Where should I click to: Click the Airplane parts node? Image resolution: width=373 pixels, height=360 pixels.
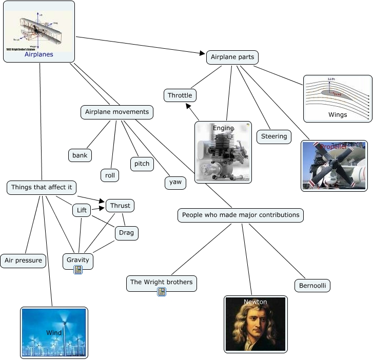coord(232,57)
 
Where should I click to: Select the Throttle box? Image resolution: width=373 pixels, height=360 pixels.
coord(180,95)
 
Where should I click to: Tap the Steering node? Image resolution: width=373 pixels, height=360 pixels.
coord(274,136)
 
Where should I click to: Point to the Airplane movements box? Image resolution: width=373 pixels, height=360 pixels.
coord(117,112)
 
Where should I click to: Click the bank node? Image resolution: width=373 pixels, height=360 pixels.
coord(80,155)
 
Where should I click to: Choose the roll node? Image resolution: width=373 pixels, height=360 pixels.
coord(110,175)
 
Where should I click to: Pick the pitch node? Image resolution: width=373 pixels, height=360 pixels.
coord(142,164)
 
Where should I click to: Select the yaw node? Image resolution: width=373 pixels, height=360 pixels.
coord(175,182)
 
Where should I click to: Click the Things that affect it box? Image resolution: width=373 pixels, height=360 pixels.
coord(42,187)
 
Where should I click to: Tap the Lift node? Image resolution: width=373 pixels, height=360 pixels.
coord(82,210)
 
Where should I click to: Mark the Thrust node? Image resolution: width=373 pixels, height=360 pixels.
coord(120,206)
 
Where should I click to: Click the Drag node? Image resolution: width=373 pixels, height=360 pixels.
coord(126,233)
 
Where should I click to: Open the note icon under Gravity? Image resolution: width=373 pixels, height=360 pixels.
coord(78,270)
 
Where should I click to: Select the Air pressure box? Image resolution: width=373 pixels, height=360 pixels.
coord(23,261)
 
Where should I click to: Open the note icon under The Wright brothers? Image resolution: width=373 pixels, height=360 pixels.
coord(162,292)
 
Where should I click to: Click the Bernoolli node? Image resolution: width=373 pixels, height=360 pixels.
coord(312,286)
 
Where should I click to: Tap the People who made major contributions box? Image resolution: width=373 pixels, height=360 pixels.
coord(241,215)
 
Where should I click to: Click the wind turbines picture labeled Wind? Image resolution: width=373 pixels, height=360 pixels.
coord(54,332)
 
